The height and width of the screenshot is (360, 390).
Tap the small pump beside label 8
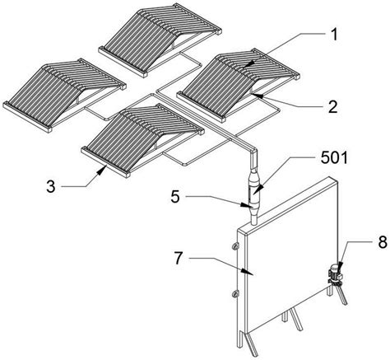(x=336, y=272)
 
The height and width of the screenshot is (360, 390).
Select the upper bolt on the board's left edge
(x=235, y=245)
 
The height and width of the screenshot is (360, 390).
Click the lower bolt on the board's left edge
(x=235, y=294)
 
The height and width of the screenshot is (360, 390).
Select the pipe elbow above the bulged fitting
(x=253, y=151)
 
